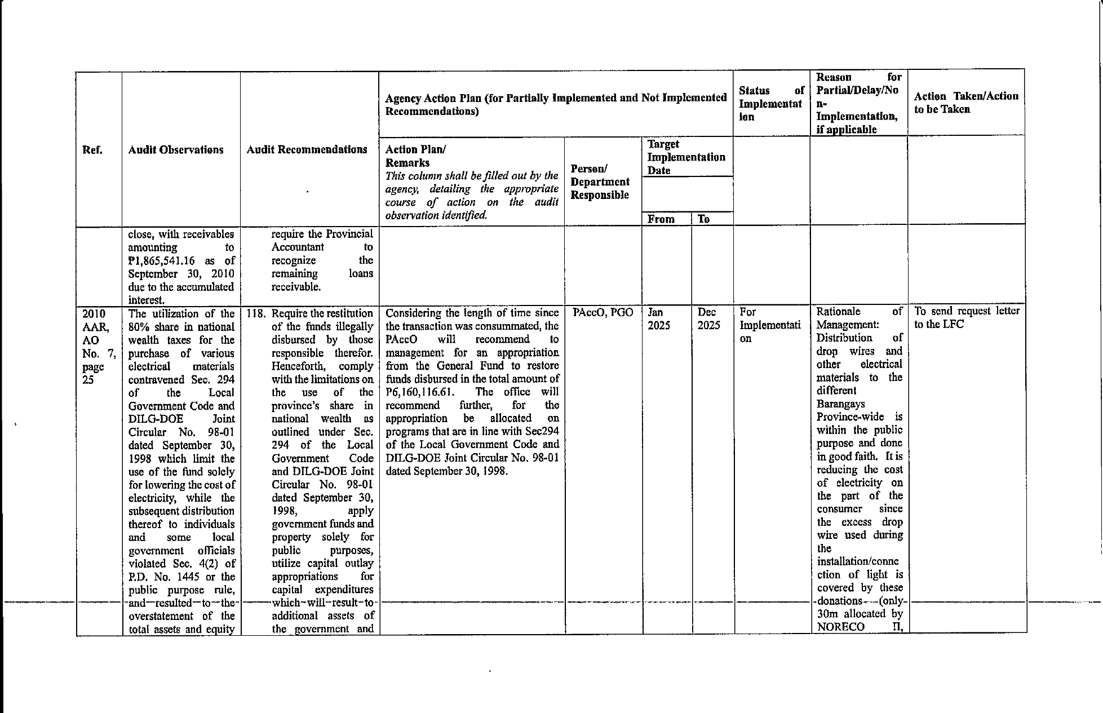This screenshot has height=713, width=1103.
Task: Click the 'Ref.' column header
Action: point(92,150)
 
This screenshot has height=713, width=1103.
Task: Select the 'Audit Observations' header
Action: point(176,150)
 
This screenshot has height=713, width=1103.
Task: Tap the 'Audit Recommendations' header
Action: point(307,149)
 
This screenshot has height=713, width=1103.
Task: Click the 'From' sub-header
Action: point(661,219)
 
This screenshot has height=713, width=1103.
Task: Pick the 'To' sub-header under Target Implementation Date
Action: point(703,219)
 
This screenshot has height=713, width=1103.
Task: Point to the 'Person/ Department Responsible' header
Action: point(600,182)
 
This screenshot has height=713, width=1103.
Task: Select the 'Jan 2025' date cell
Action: point(658,319)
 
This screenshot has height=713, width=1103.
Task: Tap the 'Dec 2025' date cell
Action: point(708,319)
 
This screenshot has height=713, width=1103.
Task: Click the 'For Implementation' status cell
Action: point(769,325)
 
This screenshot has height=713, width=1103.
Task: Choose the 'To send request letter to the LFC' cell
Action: point(966,317)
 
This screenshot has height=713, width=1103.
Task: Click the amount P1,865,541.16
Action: point(160,260)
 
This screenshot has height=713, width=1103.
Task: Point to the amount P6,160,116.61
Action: point(419,392)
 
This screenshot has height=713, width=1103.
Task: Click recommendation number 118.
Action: point(255,313)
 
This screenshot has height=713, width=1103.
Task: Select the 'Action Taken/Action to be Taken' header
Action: point(966,103)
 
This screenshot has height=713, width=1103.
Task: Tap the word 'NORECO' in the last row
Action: point(840,627)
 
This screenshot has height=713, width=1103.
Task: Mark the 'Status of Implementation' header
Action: point(770,104)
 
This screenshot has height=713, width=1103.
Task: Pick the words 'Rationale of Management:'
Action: point(859,318)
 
